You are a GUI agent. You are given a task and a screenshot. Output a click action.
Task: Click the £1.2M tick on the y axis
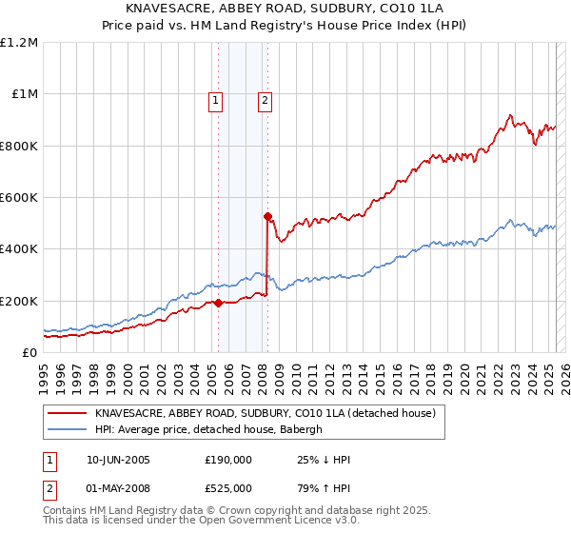point(19,42)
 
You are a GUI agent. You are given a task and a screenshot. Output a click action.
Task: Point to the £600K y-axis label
point(19,197)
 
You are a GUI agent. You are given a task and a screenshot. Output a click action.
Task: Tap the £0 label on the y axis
point(29,352)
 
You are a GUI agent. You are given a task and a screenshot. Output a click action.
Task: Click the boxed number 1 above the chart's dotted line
point(217,100)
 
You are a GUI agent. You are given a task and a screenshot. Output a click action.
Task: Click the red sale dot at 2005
point(218,303)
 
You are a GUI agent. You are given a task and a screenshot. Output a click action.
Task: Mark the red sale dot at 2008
point(267,216)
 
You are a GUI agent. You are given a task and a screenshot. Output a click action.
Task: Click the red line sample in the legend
point(68,413)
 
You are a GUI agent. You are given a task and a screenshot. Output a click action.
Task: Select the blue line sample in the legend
point(68,429)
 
